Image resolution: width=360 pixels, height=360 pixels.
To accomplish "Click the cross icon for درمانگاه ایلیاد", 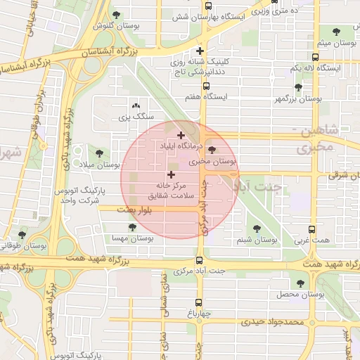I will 181,135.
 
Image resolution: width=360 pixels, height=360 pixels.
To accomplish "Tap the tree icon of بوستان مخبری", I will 213,150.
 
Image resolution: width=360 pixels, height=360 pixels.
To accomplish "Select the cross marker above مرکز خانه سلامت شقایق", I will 171,174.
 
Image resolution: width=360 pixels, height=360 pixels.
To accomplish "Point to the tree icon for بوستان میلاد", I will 97,153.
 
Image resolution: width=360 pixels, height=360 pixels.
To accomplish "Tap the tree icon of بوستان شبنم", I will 256,229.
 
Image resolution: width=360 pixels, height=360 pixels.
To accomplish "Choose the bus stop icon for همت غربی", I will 313,230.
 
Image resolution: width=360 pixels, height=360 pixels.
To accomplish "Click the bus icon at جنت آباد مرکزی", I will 200,259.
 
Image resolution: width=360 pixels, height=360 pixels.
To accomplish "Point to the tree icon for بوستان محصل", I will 301,283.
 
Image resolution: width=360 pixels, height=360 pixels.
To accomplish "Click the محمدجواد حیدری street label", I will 274,321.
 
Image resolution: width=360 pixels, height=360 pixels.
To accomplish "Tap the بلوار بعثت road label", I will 116,210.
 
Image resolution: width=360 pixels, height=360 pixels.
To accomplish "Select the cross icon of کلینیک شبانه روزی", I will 201,51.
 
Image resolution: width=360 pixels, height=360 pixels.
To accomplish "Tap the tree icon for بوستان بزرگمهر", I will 298,88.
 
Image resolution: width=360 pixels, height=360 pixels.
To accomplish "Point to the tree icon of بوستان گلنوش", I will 116,15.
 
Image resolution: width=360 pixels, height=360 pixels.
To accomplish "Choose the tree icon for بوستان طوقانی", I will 22,235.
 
